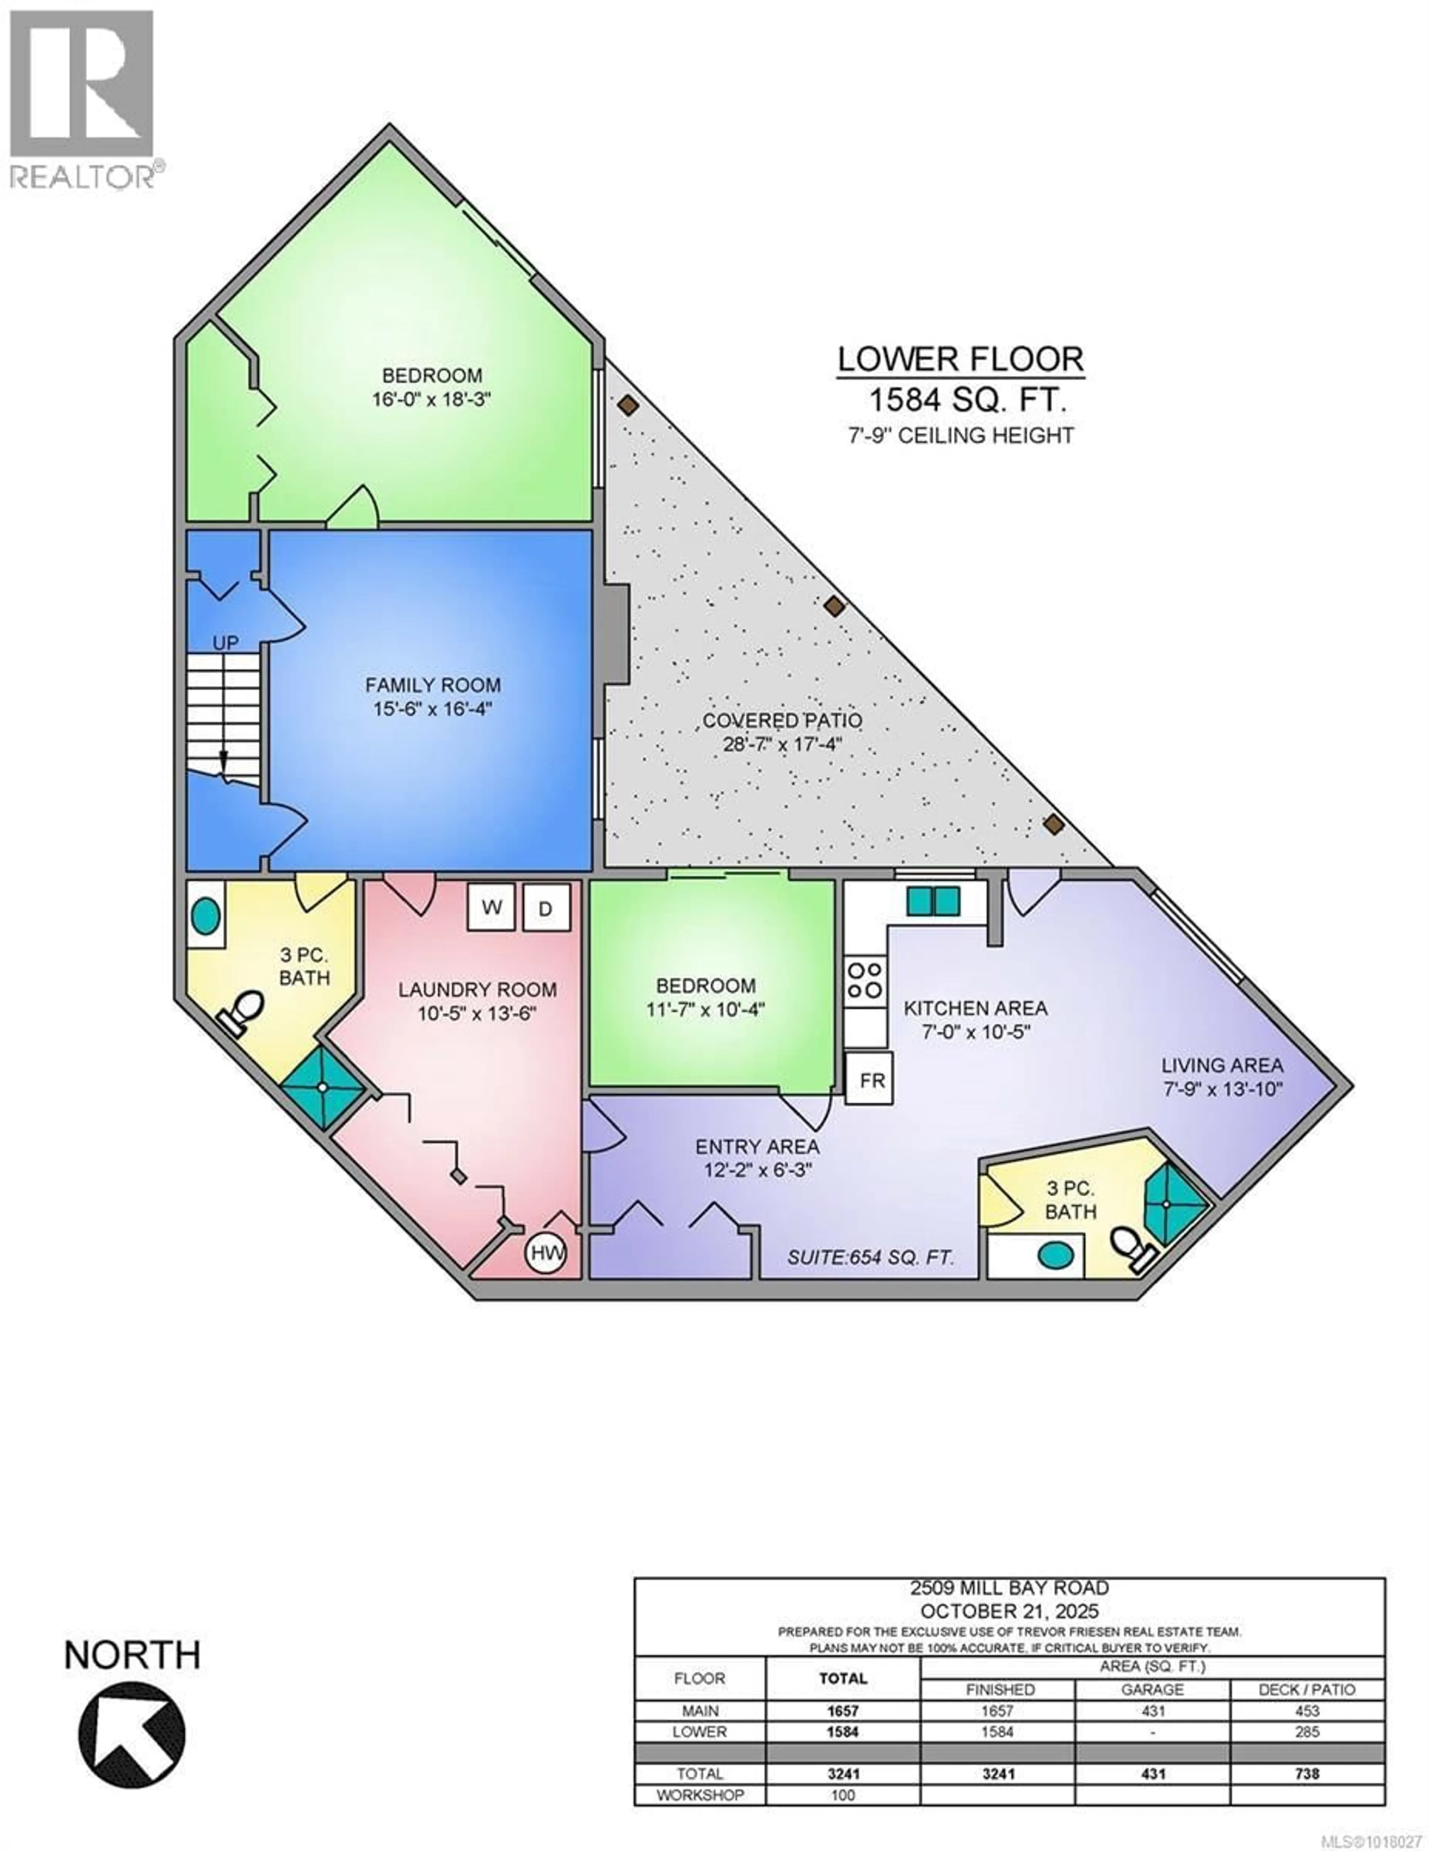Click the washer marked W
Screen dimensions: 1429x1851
pyautogui.click(x=491, y=907)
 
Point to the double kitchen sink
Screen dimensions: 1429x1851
pyautogui.click(x=933, y=901)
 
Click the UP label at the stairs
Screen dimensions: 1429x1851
pyautogui.click(x=225, y=643)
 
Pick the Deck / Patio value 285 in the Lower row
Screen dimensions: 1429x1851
pyautogui.click(x=1307, y=1731)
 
